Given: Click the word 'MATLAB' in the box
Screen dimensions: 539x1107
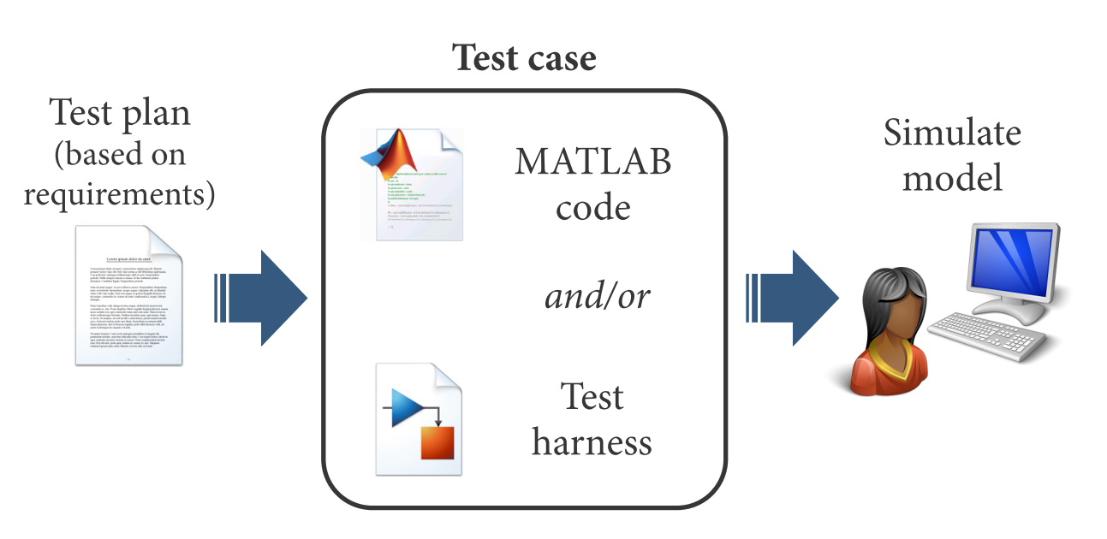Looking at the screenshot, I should point(592,163).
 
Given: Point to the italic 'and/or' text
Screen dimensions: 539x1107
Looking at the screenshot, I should point(597,296).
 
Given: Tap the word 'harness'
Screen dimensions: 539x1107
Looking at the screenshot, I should point(592,442).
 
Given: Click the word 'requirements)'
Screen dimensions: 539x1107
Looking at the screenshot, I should point(119,194).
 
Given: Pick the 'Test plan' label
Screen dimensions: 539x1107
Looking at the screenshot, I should point(119,112).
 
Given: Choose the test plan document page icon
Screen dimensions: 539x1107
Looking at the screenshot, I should point(128,295).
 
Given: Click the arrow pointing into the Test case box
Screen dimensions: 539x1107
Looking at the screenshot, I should point(261,297).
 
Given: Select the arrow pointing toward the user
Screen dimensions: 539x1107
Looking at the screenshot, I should point(793,297).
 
